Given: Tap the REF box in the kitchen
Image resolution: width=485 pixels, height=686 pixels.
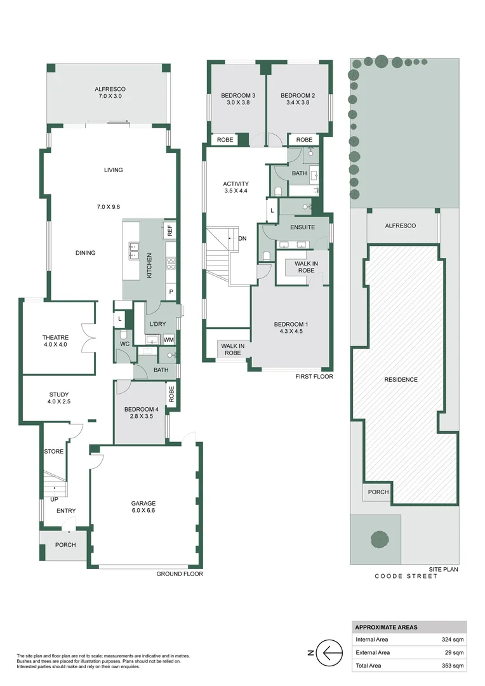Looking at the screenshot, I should [x=169, y=230].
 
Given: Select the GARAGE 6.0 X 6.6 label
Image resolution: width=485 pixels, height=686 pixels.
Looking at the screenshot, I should [x=145, y=506].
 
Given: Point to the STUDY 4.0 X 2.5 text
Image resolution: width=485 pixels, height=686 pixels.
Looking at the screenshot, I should [x=58, y=398].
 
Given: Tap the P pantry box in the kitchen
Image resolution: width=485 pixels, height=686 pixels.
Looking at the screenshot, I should [x=170, y=292].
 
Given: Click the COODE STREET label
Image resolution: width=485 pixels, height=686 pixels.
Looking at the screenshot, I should [x=406, y=576].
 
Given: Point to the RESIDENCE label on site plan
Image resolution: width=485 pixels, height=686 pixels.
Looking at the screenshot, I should [x=401, y=380].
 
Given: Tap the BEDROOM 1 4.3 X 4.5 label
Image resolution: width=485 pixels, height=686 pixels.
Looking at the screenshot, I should [x=290, y=328].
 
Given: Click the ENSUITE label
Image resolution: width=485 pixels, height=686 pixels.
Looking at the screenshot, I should [x=302, y=227].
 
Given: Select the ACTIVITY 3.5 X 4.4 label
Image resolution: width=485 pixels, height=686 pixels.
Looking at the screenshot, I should [x=236, y=187].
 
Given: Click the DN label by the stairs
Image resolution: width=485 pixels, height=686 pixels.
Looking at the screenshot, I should [x=242, y=239].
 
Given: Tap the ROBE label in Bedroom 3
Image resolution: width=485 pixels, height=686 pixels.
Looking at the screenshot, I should [x=225, y=140].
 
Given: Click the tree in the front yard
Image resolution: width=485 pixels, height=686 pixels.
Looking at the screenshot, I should [x=379, y=539].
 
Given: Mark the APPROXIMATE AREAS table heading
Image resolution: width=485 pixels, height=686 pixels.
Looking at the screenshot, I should [x=386, y=627].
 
